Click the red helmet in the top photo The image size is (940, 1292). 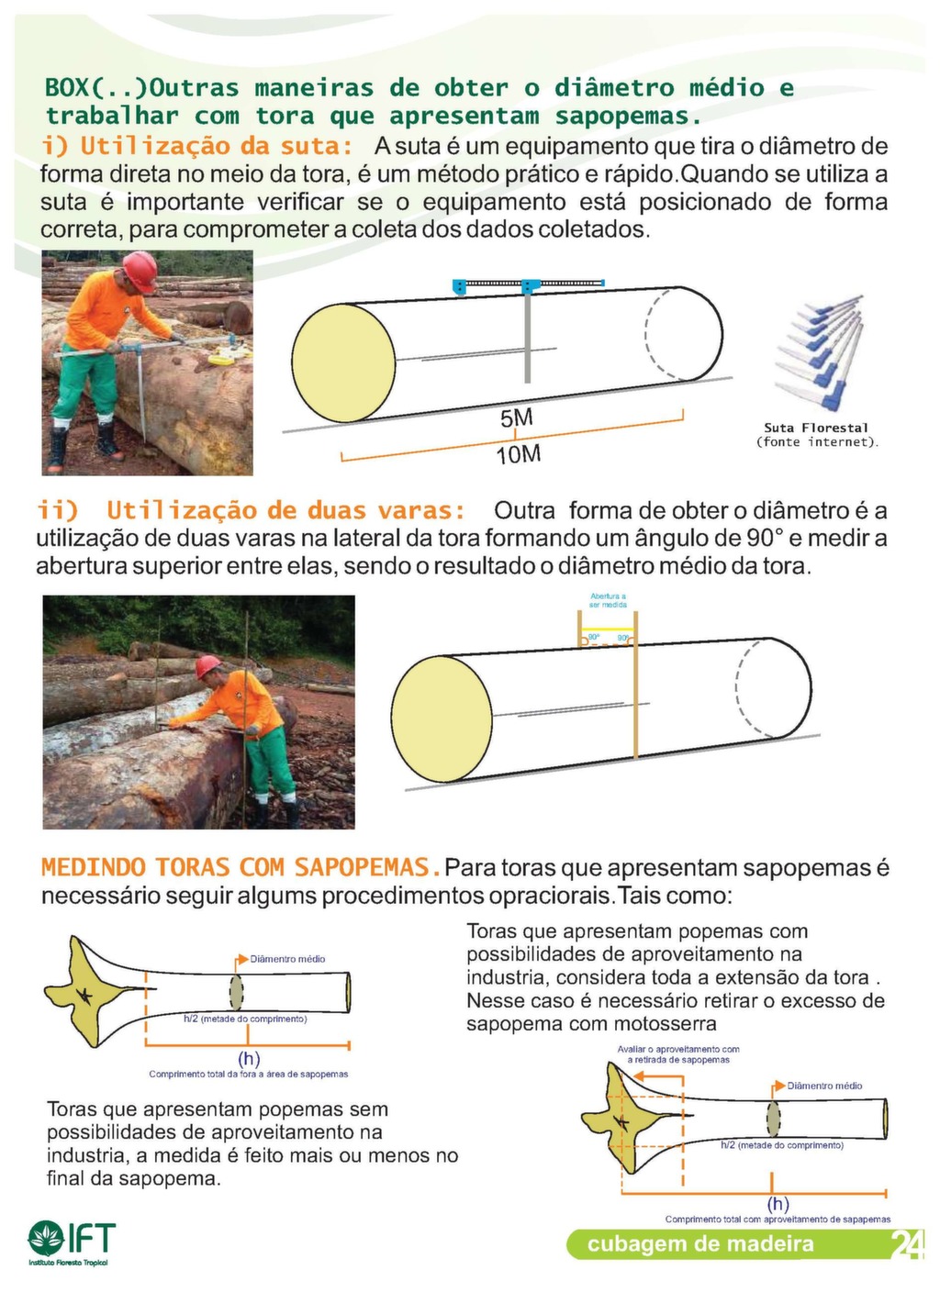tap(140, 269)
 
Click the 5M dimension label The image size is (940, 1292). tap(516, 418)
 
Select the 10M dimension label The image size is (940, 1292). tap(519, 454)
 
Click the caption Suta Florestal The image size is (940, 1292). tap(816, 428)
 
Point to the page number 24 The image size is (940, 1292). tap(907, 1244)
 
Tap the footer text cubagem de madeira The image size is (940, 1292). tap(700, 1244)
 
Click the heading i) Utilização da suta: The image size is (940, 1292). tap(197, 146)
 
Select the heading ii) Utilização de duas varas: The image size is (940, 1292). tap(251, 510)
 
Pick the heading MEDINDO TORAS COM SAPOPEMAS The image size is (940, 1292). tap(235, 867)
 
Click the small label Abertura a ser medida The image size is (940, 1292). tap(608, 600)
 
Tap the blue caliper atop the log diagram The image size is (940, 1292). tap(527, 286)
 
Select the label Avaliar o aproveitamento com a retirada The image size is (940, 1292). tap(678, 1053)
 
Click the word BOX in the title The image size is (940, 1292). tap(67, 88)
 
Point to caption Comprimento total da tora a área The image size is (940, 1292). tap(248, 1074)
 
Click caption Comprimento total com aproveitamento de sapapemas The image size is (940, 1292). tap(778, 1220)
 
